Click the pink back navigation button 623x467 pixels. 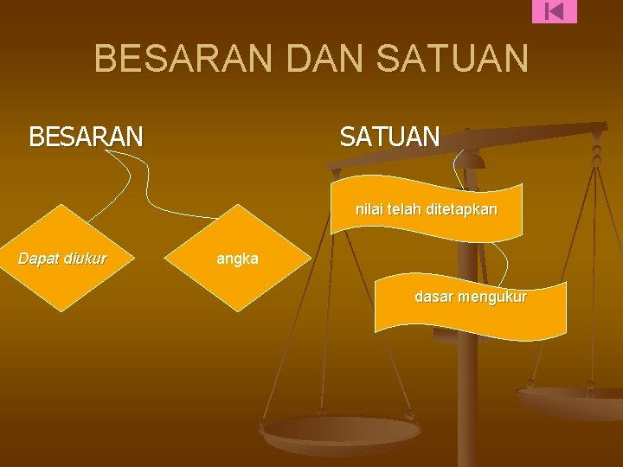point(555,11)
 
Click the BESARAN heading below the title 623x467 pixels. point(87,137)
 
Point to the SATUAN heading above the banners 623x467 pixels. point(389,137)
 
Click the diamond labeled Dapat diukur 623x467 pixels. point(62,258)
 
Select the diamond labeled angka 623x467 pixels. point(237,258)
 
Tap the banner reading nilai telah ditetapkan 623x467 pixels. point(427,210)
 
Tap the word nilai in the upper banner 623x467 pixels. point(369,209)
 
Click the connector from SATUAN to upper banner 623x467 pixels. point(459,166)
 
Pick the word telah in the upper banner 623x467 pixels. point(403,209)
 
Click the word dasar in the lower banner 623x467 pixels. point(433,297)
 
